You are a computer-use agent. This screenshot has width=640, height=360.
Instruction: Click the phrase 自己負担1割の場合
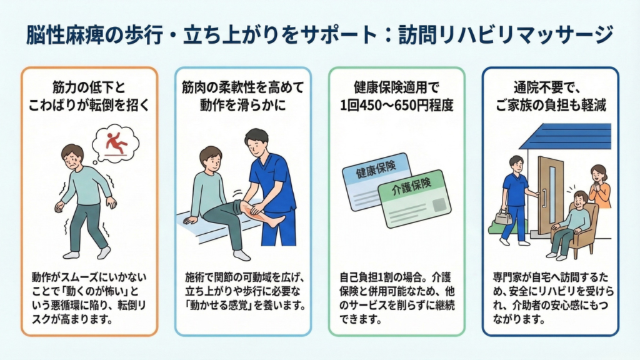(x=366, y=275)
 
